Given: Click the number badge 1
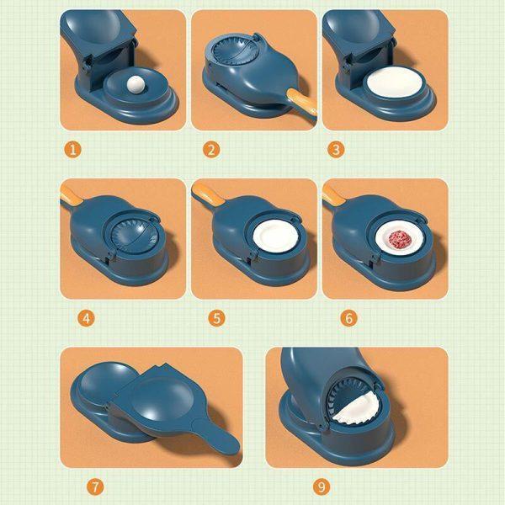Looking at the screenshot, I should click(73, 150).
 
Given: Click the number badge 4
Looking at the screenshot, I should click(86, 318).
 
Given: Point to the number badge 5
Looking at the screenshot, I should click(217, 318).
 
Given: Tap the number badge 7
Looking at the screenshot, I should click(97, 486).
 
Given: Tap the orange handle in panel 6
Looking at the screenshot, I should click(334, 197).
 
